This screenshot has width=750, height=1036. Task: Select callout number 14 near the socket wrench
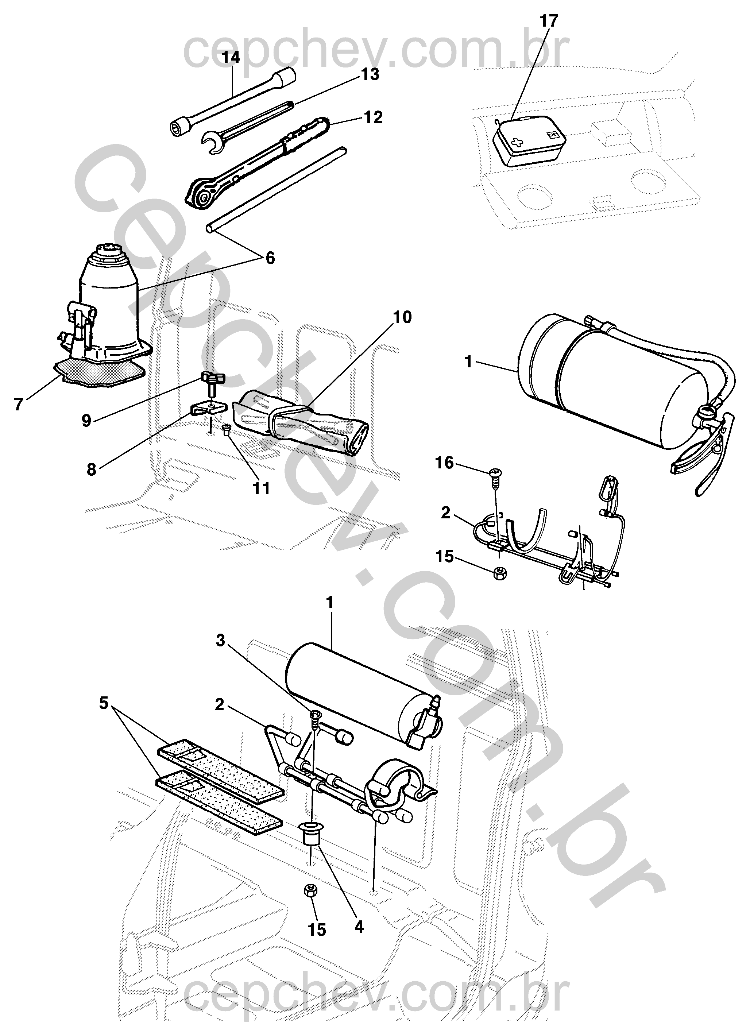coord(232,58)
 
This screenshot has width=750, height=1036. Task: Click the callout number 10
coord(402,317)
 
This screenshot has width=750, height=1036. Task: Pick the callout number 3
coord(221,641)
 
